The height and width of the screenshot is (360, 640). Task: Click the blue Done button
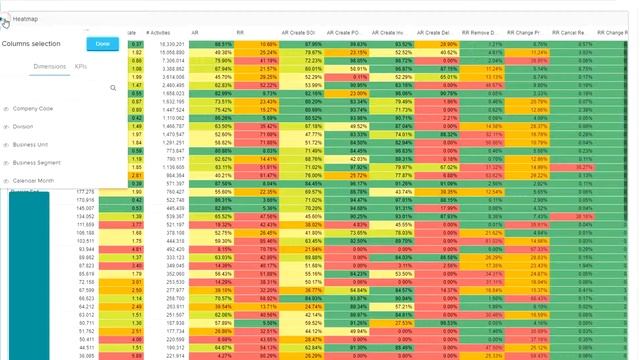[102, 44]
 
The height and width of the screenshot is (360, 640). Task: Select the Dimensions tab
[49, 66]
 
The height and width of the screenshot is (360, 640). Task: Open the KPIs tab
[81, 66]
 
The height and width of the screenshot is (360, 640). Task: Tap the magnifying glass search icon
[113, 88]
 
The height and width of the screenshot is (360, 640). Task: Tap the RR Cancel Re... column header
[585, 34]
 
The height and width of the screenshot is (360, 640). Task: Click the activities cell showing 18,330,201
[170, 45]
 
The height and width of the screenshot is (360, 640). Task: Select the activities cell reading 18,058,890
[170, 52]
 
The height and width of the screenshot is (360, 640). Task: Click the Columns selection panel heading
[30, 44]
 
